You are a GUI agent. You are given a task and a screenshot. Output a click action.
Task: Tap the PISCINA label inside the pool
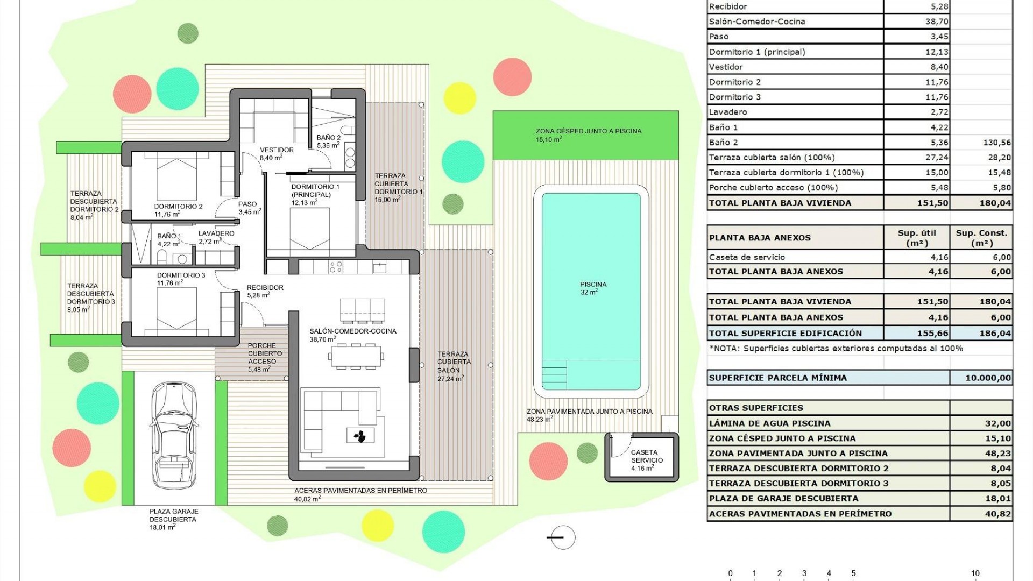[593, 285]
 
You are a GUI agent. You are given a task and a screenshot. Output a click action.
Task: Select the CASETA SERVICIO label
[647, 456]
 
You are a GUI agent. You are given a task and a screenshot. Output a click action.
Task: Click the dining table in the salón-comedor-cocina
[357, 356]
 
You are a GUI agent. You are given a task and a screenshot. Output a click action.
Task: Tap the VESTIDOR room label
[277, 150]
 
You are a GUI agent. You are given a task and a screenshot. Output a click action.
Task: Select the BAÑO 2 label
[328, 138]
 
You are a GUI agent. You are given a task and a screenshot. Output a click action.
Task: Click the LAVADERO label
[216, 233]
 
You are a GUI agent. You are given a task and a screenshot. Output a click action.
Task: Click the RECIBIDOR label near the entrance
[265, 288]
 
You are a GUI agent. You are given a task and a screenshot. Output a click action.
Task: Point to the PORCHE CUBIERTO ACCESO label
[262, 353]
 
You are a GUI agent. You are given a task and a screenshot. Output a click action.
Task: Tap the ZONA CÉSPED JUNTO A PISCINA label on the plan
[588, 131]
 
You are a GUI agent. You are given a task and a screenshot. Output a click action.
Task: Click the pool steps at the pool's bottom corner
[554, 375]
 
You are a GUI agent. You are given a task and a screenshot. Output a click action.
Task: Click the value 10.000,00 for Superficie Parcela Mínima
[988, 378]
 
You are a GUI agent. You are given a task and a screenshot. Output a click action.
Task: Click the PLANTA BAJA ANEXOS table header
[759, 238]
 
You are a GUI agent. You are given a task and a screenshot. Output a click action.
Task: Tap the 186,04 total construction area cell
[995, 333]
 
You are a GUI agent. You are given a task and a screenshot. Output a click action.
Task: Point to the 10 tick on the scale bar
[974, 573]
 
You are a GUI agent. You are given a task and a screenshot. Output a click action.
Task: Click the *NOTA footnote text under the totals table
[836, 349]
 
